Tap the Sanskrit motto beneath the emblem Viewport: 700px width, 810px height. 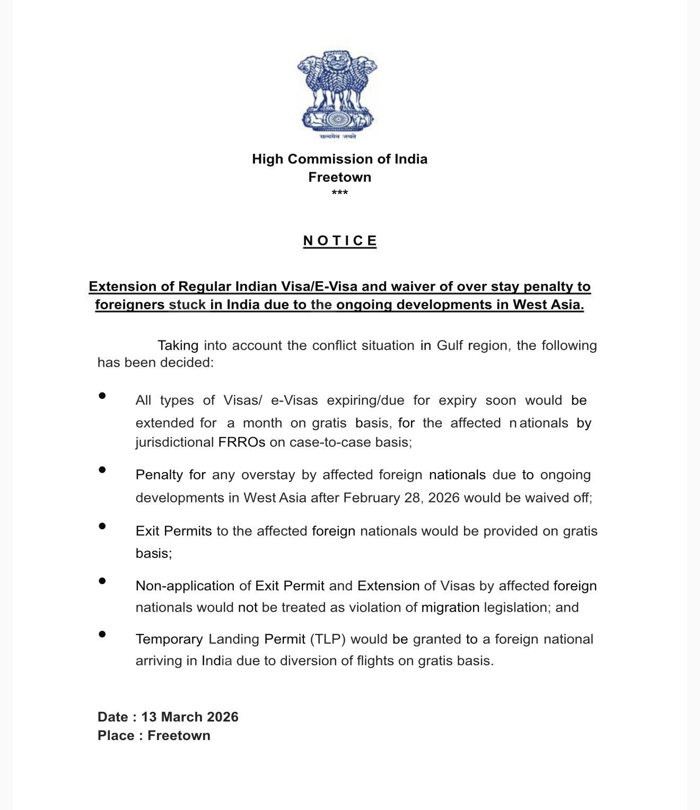[x=338, y=137]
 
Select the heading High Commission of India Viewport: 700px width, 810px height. [x=339, y=159]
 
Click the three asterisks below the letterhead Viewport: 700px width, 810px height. [x=339, y=193]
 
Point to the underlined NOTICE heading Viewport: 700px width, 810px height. [x=340, y=241]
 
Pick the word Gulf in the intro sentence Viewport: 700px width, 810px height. [x=450, y=345]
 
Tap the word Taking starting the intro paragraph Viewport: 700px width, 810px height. [x=178, y=345]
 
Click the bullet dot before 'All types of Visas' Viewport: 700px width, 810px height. [x=102, y=396]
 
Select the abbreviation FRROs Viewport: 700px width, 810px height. [x=241, y=442]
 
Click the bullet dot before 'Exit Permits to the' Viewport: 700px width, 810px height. [x=102, y=526]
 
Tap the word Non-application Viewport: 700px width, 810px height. [x=185, y=586]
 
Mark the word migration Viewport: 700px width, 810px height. [x=450, y=607]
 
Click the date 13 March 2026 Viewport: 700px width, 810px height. [x=190, y=717]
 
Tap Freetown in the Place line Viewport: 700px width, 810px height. [x=179, y=736]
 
